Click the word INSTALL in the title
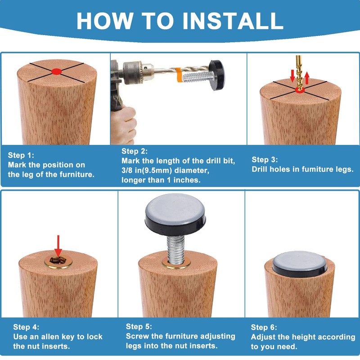(x=233, y=21)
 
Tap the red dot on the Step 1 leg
(x=57, y=72)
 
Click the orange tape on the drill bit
(x=179, y=75)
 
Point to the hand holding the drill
(x=123, y=125)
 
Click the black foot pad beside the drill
(x=216, y=75)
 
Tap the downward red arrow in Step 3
(x=292, y=76)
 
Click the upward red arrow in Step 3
(x=307, y=78)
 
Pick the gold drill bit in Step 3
(x=299, y=72)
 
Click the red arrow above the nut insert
(x=58, y=246)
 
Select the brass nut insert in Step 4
(x=58, y=261)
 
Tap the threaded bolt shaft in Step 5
(x=175, y=250)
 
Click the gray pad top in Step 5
(x=175, y=209)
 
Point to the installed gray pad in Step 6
(x=300, y=264)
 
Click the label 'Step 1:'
(x=21, y=155)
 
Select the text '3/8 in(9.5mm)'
(x=147, y=171)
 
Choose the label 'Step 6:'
(x=264, y=327)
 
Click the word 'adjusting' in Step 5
(x=218, y=337)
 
